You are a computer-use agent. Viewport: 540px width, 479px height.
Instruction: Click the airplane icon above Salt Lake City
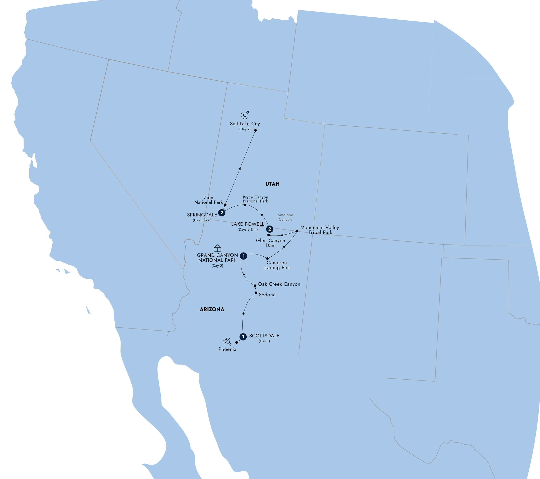[x=245, y=115]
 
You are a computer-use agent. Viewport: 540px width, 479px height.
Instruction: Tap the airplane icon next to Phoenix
[x=227, y=341]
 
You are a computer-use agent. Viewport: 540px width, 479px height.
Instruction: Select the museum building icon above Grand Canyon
[x=217, y=248]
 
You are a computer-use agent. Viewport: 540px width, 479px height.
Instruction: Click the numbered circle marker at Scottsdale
[x=243, y=337]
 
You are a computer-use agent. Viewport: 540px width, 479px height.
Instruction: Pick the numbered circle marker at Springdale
[x=222, y=213]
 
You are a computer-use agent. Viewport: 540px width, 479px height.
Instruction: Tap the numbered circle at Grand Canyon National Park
[x=244, y=256]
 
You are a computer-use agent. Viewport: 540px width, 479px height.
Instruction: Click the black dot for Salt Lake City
[x=255, y=130]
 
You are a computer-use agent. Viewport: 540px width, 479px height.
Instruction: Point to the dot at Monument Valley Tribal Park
[x=297, y=231]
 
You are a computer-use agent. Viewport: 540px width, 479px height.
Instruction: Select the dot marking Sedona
[x=256, y=293]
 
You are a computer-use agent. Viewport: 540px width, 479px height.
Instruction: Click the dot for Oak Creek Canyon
[x=255, y=286]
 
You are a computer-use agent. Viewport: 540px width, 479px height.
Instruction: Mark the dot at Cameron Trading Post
[x=267, y=258]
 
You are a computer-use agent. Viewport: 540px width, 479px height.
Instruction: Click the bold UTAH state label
[x=272, y=184]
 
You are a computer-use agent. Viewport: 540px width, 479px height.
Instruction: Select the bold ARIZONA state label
[x=212, y=309]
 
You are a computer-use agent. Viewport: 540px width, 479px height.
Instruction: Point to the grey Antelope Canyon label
[x=285, y=217]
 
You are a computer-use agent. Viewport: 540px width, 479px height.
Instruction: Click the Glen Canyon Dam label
[x=271, y=243]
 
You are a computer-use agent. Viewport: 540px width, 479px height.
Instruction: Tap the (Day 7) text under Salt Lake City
[x=245, y=129]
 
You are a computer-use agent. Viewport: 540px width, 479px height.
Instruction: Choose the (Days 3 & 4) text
[x=247, y=230]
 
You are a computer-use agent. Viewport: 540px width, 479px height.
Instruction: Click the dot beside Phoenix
[x=236, y=342]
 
